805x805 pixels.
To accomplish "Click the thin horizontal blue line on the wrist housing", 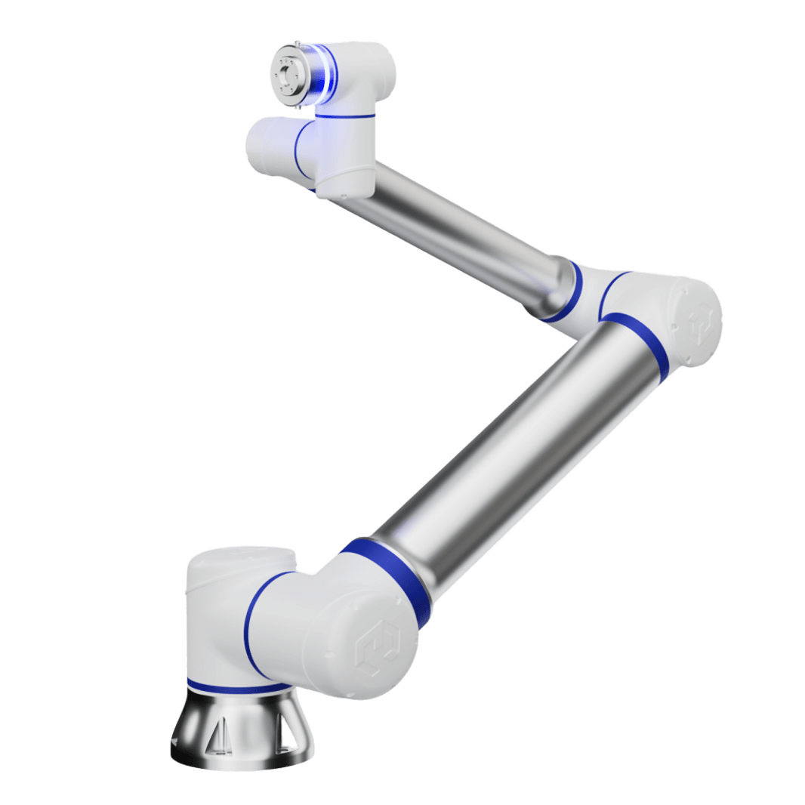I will [346, 116].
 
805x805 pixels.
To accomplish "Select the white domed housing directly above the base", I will [227, 597].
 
